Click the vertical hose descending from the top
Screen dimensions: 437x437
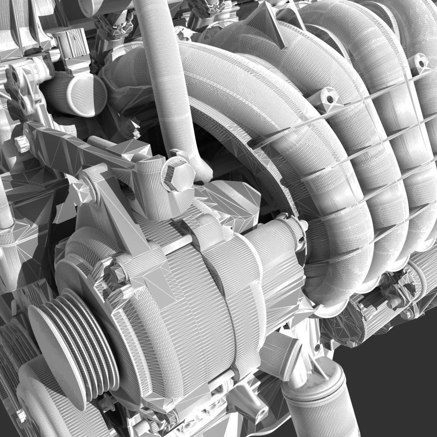point(168,74)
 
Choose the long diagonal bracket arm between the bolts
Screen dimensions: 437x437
point(83,151)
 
